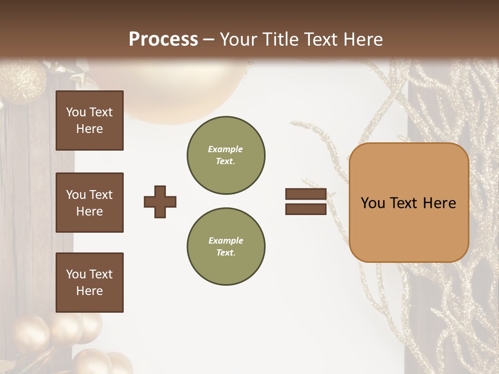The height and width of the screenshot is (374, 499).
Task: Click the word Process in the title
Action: (x=163, y=39)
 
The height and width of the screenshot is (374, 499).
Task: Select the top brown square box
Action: (x=89, y=121)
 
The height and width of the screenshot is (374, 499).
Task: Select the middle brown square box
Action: (x=89, y=203)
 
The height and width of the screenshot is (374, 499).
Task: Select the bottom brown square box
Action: (x=89, y=283)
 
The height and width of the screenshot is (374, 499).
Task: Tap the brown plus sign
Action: (x=160, y=202)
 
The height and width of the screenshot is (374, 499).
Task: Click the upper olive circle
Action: (x=226, y=155)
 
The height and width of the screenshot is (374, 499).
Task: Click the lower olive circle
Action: (x=226, y=247)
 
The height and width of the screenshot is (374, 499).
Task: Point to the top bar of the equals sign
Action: (x=306, y=194)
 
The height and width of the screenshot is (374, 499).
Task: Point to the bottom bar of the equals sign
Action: (x=306, y=209)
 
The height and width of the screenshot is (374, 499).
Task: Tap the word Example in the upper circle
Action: (x=225, y=149)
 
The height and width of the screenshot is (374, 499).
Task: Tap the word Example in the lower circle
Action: (x=226, y=241)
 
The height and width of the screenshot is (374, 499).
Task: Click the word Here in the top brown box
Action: (x=89, y=129)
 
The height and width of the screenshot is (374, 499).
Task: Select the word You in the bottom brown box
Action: (x=75, y=274)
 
